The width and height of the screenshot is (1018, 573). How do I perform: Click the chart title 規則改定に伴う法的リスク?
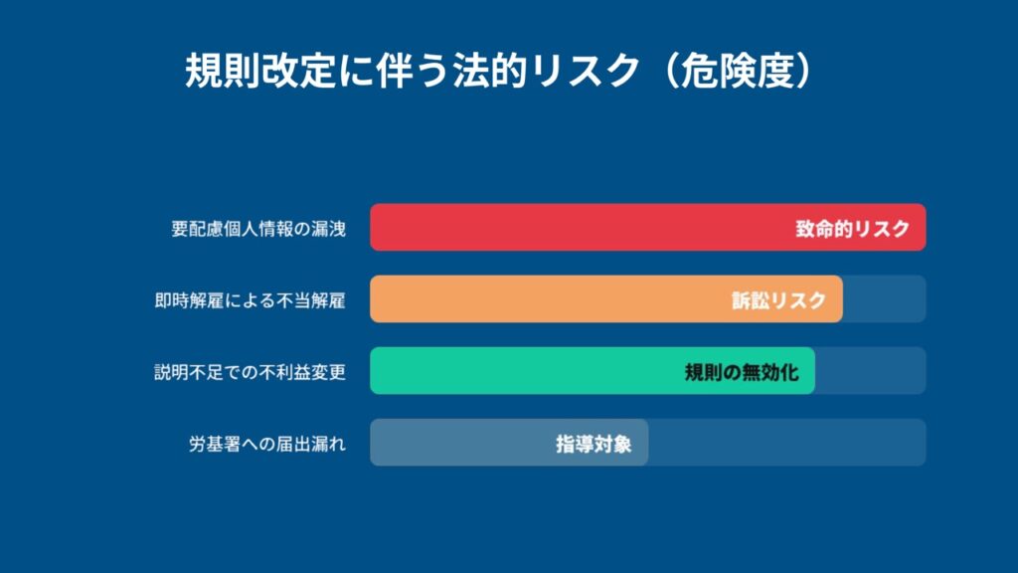pyautogui.click(x=413, y=71)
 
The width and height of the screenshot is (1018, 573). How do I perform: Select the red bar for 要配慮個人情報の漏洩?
pyautogui.click(x=648, y=228)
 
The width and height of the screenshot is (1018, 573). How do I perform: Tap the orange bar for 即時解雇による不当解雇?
pyautogui.click(x=606, y=298)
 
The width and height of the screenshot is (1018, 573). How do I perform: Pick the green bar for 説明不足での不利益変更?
pyautogui.click(x=593, y=370)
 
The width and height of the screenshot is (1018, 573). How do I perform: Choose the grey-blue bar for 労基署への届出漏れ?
pyautogui.click(x=509, y=443)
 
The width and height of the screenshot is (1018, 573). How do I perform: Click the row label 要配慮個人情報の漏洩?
pyautogui.click(x=258, y=229)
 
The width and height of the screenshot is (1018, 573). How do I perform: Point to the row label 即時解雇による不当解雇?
pyautogui.click(x=250, y=300)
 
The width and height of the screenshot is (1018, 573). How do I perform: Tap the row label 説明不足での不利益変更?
pyautogui.click(x=250, y=372)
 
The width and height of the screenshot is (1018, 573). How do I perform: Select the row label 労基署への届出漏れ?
pyautogui.click(x=267, y=444)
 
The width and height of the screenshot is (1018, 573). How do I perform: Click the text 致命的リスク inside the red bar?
pyautogui.click(x=852, y=229)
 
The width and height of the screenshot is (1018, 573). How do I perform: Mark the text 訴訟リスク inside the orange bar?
pyautogui.click(x=778, y=300)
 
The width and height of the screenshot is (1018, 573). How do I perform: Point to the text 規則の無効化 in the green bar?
pyautogui.click(x=742, y=372)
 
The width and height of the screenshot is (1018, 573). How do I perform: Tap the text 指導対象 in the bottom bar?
pyautogui.click(x=594, y=444)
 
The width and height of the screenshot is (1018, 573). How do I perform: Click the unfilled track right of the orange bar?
pyautogui.click(x=884, y=298)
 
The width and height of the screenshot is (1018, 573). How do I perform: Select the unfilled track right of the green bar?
pyautogui.click(x=871, y=370)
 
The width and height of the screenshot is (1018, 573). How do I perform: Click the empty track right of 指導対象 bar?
pyautogui.click(x=787, y=443)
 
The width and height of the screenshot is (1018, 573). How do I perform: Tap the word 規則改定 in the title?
pyautogui.click(x=260, y=71)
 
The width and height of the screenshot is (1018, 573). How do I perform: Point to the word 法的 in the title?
pyautogui.click(x=489, y=71)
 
